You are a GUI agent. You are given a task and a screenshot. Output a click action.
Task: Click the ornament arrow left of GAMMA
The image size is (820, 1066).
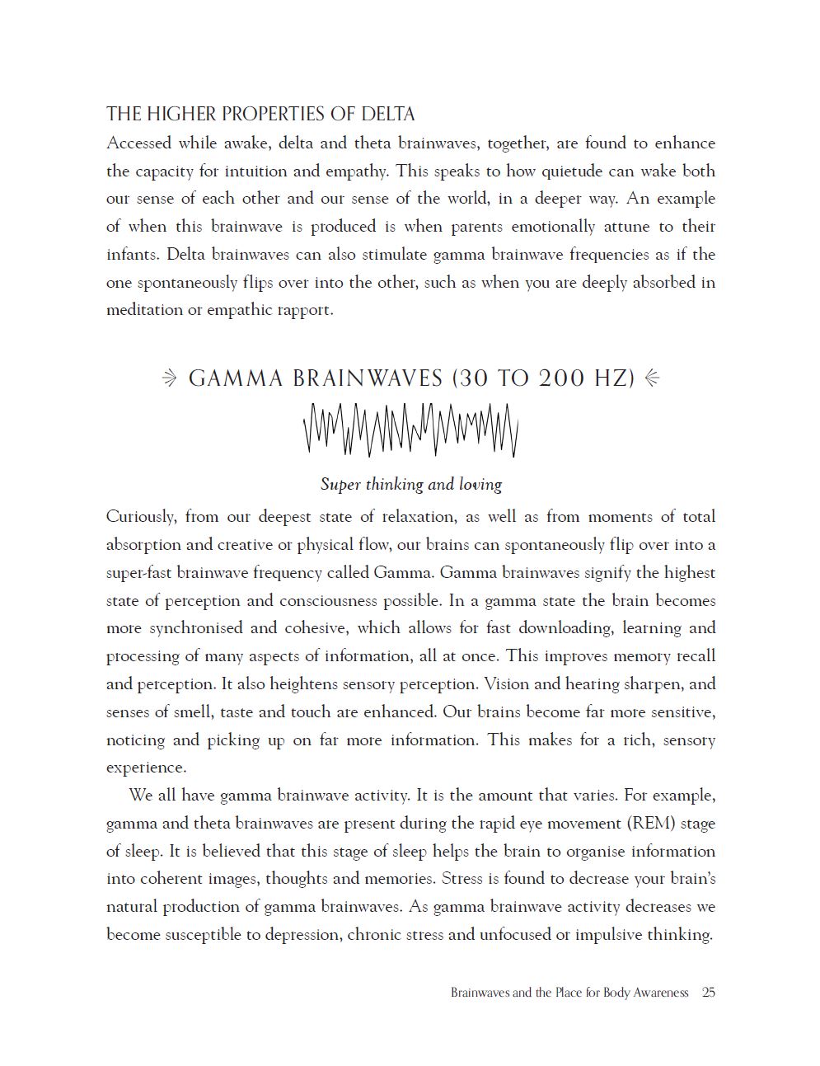tap(169, 378)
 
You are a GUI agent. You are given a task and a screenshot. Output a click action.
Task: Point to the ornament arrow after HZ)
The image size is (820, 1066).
tap(652, 378)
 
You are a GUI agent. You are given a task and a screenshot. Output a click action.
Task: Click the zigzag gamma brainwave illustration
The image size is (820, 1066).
tap(410, 430)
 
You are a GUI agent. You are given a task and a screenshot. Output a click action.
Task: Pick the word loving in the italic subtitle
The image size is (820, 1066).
tap(480, 484)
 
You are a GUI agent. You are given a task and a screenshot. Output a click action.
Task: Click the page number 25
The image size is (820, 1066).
tap(709, 993)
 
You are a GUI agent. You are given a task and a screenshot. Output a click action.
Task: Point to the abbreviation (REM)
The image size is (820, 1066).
tap(647, 824)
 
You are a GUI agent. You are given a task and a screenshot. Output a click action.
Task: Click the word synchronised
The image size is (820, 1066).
tap(194, 628)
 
